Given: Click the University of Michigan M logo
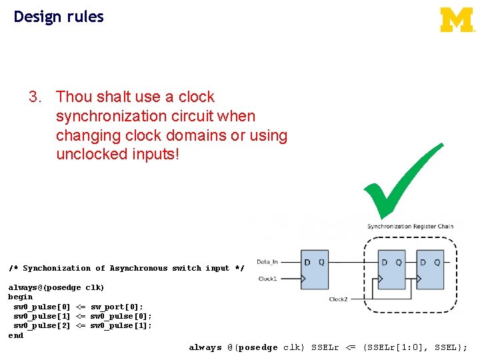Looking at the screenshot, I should click(457, 19).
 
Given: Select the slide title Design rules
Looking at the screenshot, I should click(59, 17).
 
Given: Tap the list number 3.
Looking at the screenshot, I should click(35, 97).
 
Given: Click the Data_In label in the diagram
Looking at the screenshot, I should click(267, 262).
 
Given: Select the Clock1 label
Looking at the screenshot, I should click(267, 278).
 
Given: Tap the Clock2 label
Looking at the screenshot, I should click(338, 299).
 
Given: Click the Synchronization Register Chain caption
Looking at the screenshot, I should click(410, 227).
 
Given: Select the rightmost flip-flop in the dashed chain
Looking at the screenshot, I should click(431, 270).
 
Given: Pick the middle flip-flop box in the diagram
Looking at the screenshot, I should click(391, 270).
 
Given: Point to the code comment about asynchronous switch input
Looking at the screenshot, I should click(126, 268).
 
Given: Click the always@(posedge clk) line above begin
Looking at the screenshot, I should click(56, 287).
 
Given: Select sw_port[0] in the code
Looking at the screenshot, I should click(117, 307).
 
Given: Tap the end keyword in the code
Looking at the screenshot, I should click(15, 335).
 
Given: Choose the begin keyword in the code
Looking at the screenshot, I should click(20, 297).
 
